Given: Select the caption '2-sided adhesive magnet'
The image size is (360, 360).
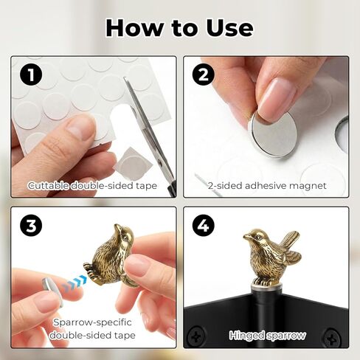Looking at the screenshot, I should tap(267, 186).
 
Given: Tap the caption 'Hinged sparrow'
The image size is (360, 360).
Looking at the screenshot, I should tap(267, 335).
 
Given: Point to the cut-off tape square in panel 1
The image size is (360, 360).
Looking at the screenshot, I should tap(131, 156).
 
